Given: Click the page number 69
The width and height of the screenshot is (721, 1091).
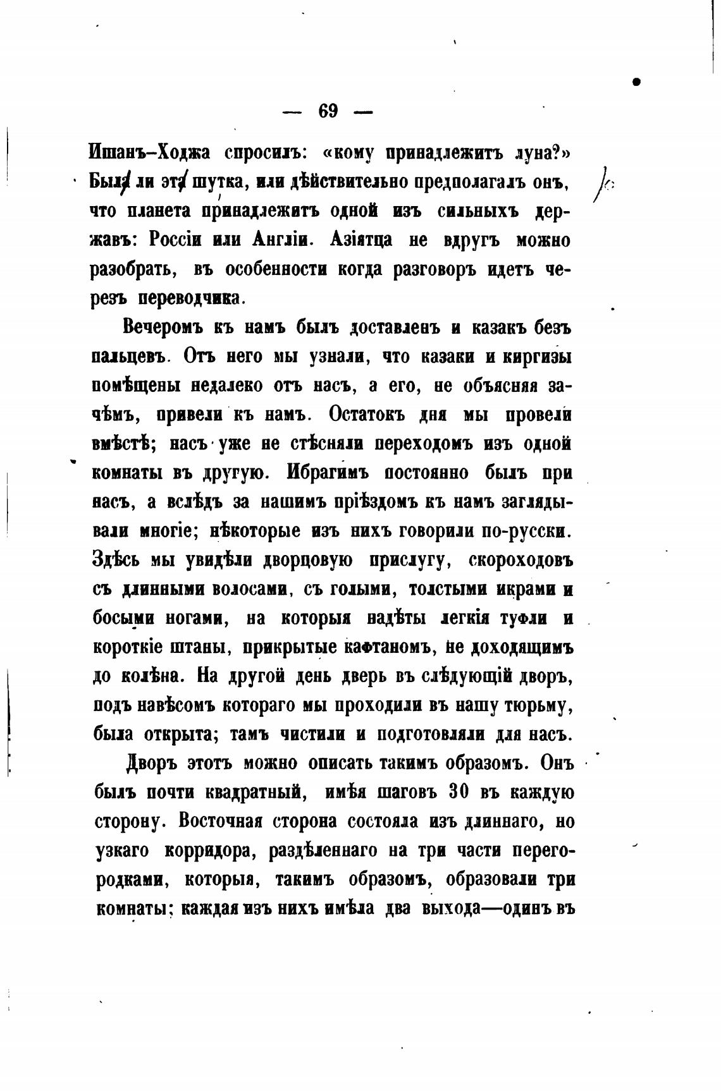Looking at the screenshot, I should click(328, 112).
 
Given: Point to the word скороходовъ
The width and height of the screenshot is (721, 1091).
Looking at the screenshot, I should click(521, 560).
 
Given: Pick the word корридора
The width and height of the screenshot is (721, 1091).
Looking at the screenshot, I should click(210, 851).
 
